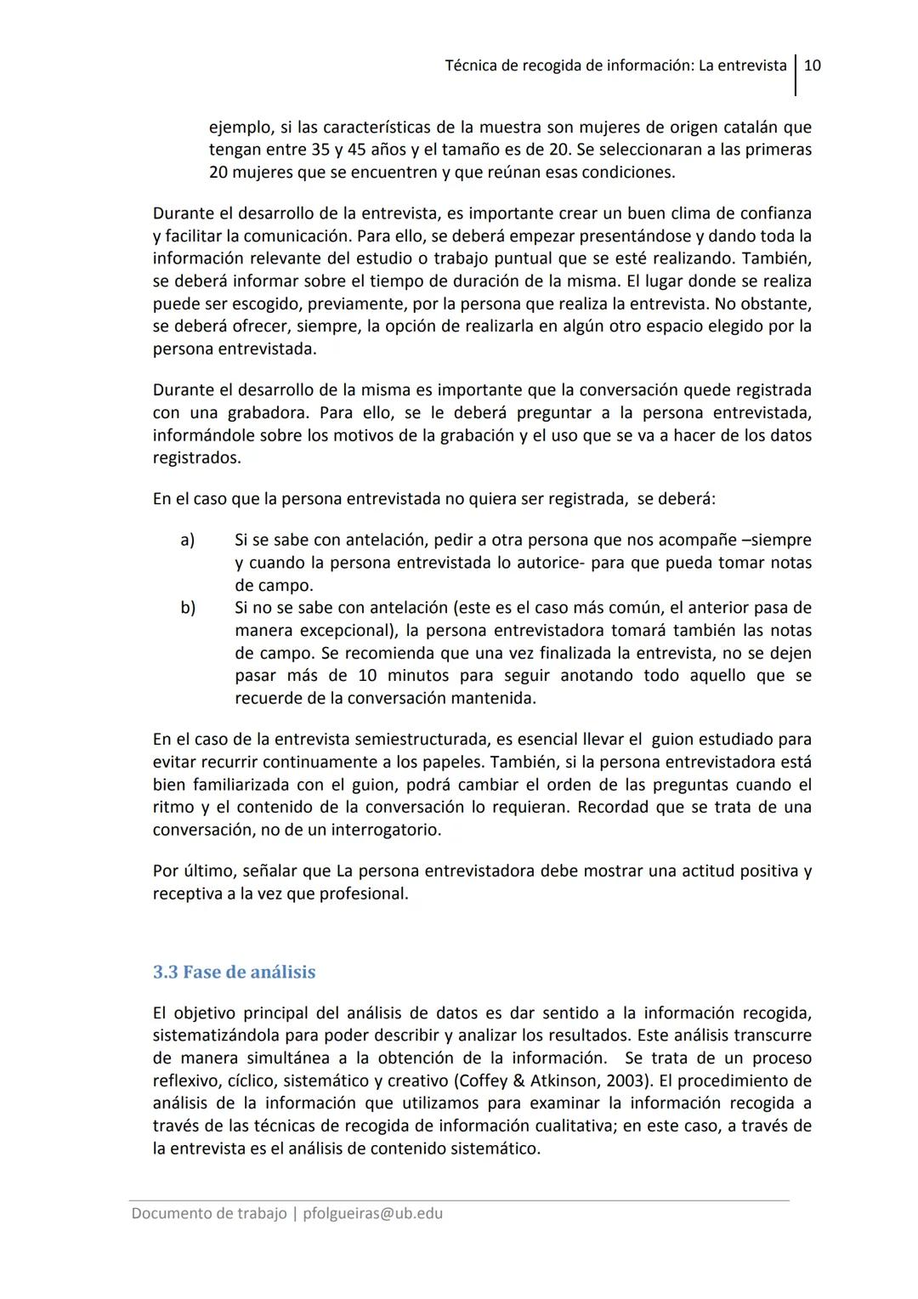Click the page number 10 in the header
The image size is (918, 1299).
(x=812, y=65)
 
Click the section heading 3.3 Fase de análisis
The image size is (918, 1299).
(x=234, y=972)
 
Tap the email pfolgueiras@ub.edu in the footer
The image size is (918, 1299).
(x=372, y=1213)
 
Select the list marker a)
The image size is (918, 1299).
(x=187, y=540)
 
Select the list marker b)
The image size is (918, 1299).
(x=187, y=608)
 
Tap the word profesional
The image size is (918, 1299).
(x=364, y=893)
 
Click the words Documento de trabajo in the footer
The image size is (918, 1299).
(x=208, y=1213)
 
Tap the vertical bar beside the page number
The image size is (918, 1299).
(x=796, y=75)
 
